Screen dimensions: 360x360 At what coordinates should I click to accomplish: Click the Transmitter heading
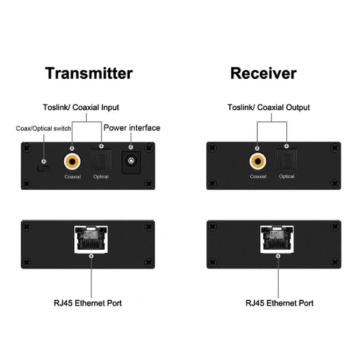89,74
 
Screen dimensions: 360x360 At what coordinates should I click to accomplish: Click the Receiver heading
263,74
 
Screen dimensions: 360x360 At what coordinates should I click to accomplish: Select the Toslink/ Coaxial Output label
268,108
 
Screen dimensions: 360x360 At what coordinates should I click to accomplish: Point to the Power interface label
131,128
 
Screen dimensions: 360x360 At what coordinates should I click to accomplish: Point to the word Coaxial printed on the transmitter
72,177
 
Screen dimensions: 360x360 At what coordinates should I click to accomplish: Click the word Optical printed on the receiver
286,177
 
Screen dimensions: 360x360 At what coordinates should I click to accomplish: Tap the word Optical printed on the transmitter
101,177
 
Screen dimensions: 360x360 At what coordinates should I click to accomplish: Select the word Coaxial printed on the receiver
258,177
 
